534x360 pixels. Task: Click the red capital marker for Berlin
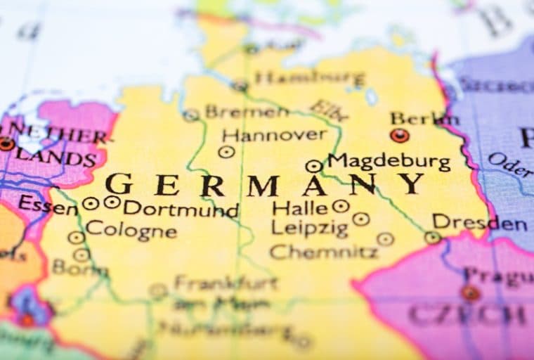400,136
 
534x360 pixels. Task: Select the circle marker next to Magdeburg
313,167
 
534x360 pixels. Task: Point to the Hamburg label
309,77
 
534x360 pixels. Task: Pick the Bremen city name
246,112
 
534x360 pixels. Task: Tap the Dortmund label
181,210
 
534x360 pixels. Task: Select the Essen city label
48,204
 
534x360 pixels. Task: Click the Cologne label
131,229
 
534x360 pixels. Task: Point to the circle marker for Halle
341,206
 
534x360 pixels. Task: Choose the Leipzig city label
309,228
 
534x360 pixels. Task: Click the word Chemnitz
323,251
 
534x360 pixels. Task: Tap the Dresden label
479,223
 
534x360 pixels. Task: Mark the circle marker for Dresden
432,238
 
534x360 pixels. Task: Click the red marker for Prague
470,293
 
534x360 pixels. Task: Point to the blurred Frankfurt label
225,283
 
